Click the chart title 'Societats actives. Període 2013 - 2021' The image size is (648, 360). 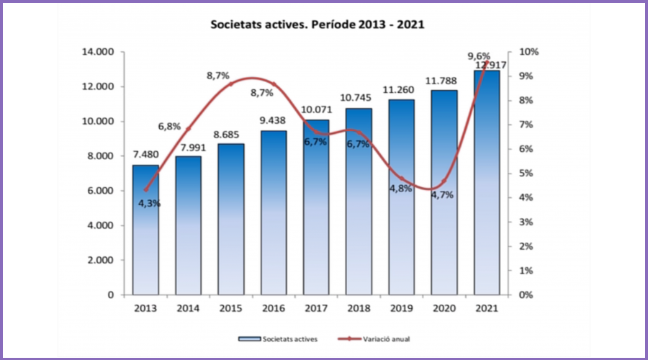317,24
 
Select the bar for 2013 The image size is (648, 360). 145,230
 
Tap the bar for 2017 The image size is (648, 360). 316,209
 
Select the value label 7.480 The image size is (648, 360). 145,156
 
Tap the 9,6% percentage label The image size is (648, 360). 479,55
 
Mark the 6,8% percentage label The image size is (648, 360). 170,127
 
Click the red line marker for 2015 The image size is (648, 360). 231,84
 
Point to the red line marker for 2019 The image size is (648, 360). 402,178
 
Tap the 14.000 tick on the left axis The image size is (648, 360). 99,53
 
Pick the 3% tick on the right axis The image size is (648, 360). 527,222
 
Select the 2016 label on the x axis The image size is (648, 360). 274,308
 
